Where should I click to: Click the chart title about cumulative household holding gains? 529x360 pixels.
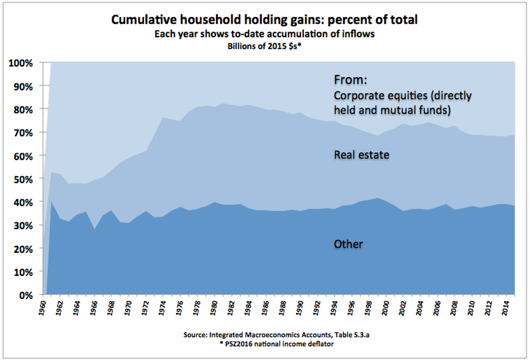(x=264, y=21)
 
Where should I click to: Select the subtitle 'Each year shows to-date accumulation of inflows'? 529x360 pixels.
(x=264, y=34)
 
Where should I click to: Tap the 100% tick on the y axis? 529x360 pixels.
(x=22, y=63)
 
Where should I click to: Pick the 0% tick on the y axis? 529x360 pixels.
(x=26, y=295)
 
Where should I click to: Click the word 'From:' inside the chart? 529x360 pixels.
(x=350, y=80)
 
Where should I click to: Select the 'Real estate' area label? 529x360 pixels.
(x=362, y=155)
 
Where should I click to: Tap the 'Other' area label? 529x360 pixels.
(x=349, y=244)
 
